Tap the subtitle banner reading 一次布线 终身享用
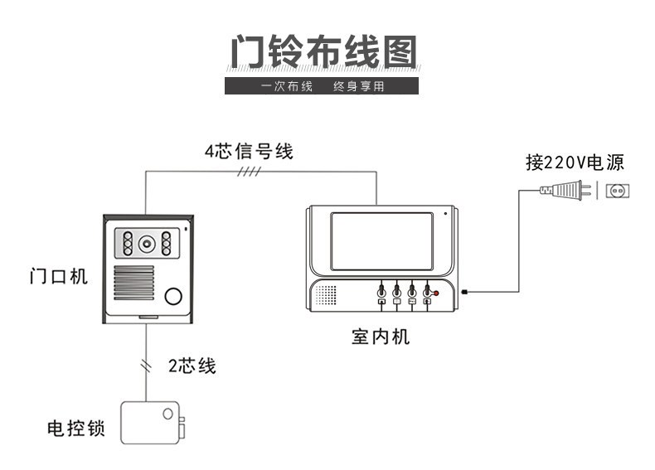pos(323,87)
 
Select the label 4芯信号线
pos(250,151)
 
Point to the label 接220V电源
pos(575,162)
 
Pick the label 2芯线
pos(192,366)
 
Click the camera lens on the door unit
pos(147,245)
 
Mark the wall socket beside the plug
pos(618,190)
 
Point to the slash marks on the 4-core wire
pos(249,172)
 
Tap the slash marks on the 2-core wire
pos(148,366)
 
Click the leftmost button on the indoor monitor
pos(381,291)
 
